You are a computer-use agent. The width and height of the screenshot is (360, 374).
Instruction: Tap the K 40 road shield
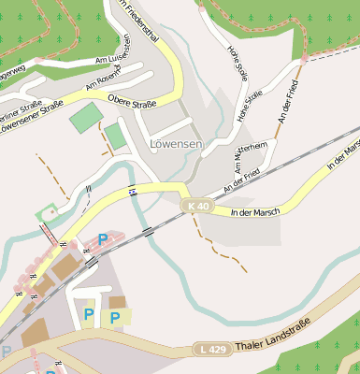tap(197, 206)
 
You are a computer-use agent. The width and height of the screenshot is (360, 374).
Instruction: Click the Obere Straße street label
tap(133, 99)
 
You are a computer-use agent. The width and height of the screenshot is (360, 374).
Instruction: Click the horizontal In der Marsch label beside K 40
tap(254, 211)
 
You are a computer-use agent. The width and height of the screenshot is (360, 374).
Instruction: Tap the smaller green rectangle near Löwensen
tap(115, 136)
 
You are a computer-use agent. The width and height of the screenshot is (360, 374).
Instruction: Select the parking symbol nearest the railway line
tap(102, 239)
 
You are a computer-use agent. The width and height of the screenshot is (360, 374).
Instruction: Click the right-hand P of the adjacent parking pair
tap(115, 318)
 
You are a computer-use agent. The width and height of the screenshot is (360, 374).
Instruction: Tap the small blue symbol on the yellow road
tap(134, 192)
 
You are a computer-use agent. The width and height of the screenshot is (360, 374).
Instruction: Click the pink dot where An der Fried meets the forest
tap(304, 59)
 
